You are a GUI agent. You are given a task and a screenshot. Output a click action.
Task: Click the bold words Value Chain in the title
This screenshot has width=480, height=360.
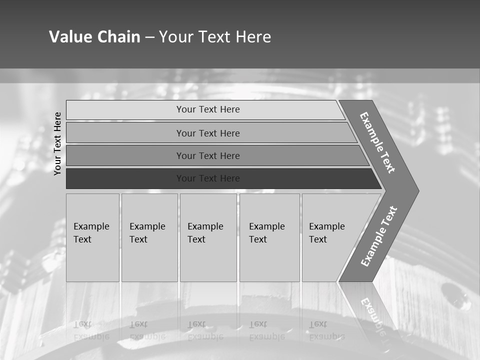coord(94,37)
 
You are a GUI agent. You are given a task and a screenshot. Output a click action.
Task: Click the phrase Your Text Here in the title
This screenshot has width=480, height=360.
coord(215,37)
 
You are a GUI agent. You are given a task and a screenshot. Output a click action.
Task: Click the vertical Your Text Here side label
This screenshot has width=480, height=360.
coord(58,143)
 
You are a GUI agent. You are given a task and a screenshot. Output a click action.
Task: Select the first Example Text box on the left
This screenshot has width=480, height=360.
coord(92,237)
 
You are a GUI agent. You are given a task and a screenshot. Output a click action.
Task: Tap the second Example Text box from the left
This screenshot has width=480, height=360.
coord(149,237)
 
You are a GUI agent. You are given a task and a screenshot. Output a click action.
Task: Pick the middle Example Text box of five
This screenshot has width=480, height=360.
coord(208,237)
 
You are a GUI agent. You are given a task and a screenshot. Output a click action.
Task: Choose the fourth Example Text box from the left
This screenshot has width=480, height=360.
coord(269,237)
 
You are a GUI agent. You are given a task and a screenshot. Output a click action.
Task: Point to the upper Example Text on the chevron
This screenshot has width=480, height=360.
coord(377,142)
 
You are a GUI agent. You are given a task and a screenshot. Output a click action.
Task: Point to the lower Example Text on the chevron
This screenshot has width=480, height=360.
coord(379,236)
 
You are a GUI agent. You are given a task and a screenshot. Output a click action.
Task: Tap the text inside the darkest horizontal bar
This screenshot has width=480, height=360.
coord(208,178)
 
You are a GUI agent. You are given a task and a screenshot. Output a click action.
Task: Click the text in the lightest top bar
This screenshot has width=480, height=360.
coord(208,109)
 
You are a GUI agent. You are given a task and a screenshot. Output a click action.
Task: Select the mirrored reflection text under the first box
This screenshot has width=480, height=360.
coord(91,330)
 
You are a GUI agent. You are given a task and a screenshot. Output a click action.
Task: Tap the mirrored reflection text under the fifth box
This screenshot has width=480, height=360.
coord(326,330)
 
